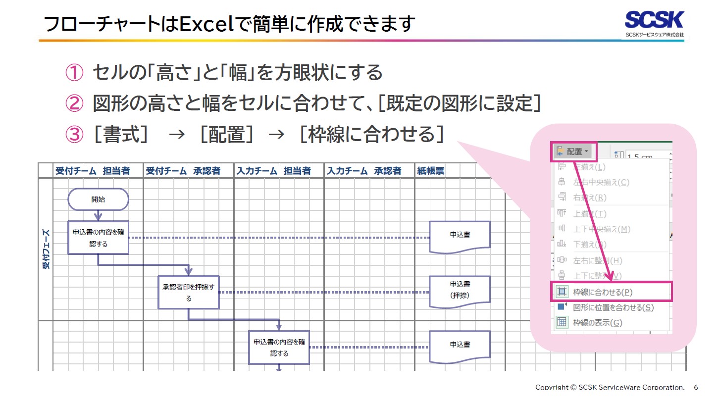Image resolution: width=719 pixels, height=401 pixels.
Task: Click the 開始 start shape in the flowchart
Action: [98, 200]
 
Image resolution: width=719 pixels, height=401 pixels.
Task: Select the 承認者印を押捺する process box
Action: [188, 293]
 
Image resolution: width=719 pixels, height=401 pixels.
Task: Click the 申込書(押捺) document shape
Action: [460, 290]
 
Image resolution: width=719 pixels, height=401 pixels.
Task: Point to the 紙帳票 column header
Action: [430, 171]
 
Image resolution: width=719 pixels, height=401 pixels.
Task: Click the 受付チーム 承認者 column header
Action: [183, 171]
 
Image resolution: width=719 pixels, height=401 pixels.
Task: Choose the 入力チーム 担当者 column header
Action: [273, 171]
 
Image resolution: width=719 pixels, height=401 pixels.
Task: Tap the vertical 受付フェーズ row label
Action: [46, 249]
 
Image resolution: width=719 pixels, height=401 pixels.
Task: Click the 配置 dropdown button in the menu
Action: [574, 151]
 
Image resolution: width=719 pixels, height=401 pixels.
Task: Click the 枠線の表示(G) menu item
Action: [597, 323]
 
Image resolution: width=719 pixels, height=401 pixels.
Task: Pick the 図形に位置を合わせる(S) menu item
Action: [613, 307]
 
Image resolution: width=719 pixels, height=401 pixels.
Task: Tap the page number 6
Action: [696, 387]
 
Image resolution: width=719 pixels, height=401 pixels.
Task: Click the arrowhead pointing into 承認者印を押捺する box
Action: [188, 271]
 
